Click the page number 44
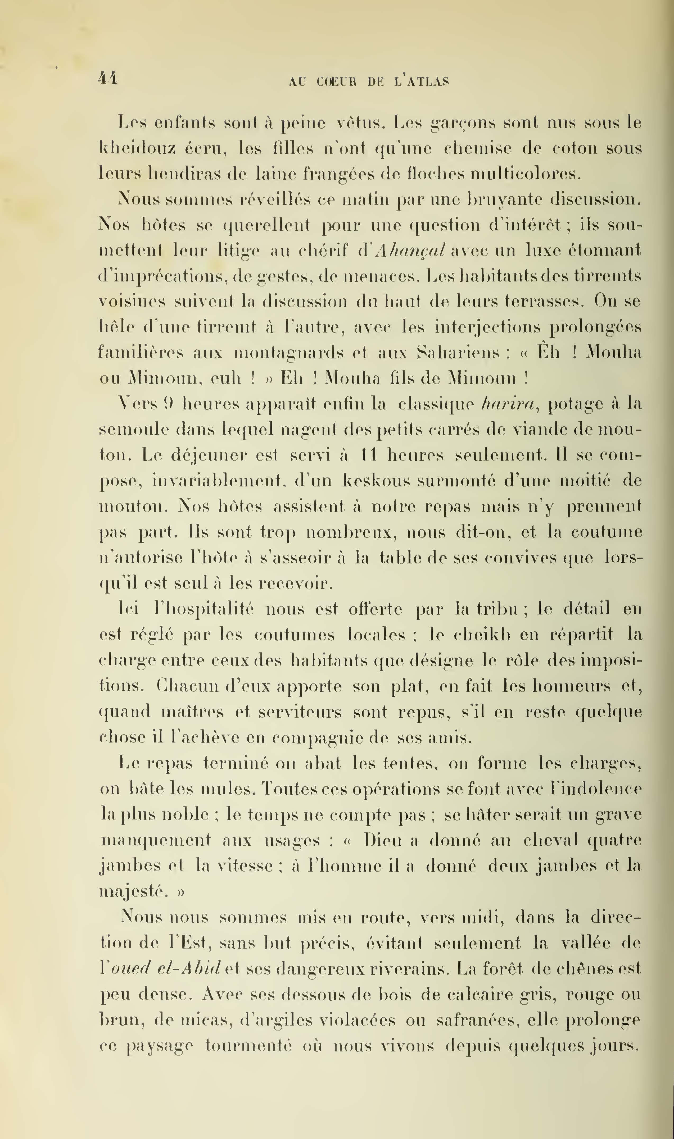[108, 79]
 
